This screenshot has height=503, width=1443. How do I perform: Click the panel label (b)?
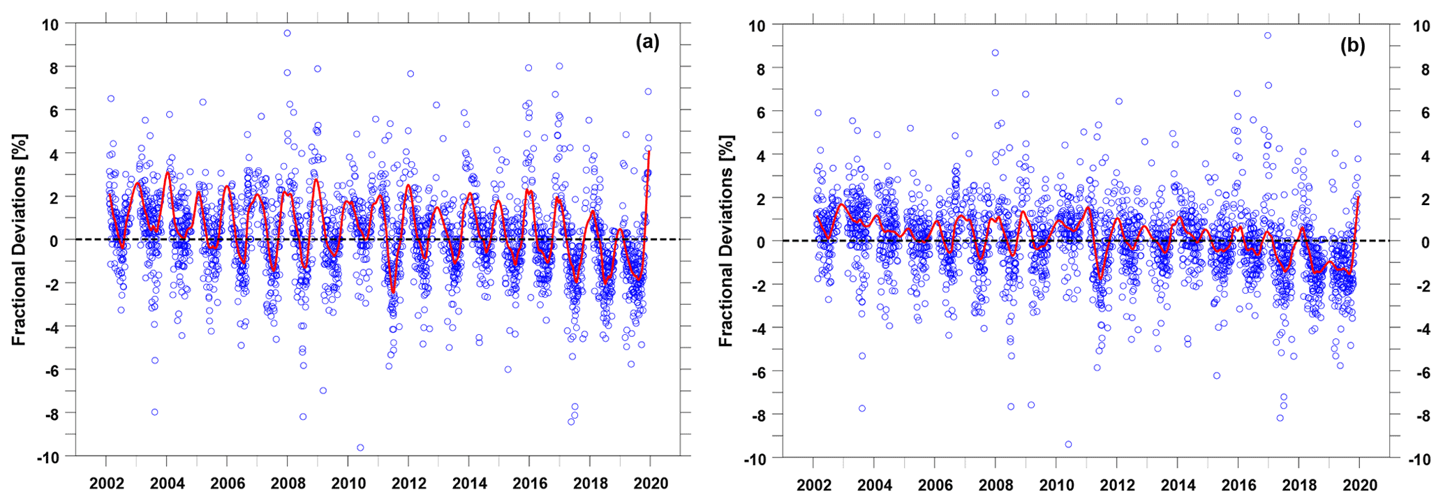(1352, 45)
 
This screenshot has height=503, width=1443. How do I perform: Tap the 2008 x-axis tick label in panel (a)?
(287, 483)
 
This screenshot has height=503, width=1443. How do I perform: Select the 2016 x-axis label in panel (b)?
(1238, 486)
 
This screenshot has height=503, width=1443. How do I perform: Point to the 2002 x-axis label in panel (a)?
(105, 483)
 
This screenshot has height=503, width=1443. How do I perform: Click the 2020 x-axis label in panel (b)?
(1360, 486)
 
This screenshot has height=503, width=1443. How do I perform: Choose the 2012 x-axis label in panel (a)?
(408, 483)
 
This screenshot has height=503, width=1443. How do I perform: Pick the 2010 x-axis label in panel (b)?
(1056, 486)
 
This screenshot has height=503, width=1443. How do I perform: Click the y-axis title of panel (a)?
(19, 239)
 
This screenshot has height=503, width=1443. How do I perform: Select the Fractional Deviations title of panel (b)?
(726, 241)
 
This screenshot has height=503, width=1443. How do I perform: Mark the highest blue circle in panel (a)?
(287, 33)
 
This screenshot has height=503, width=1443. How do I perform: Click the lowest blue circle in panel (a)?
(360, 448)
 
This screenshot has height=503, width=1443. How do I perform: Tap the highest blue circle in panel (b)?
(1268, 35)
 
